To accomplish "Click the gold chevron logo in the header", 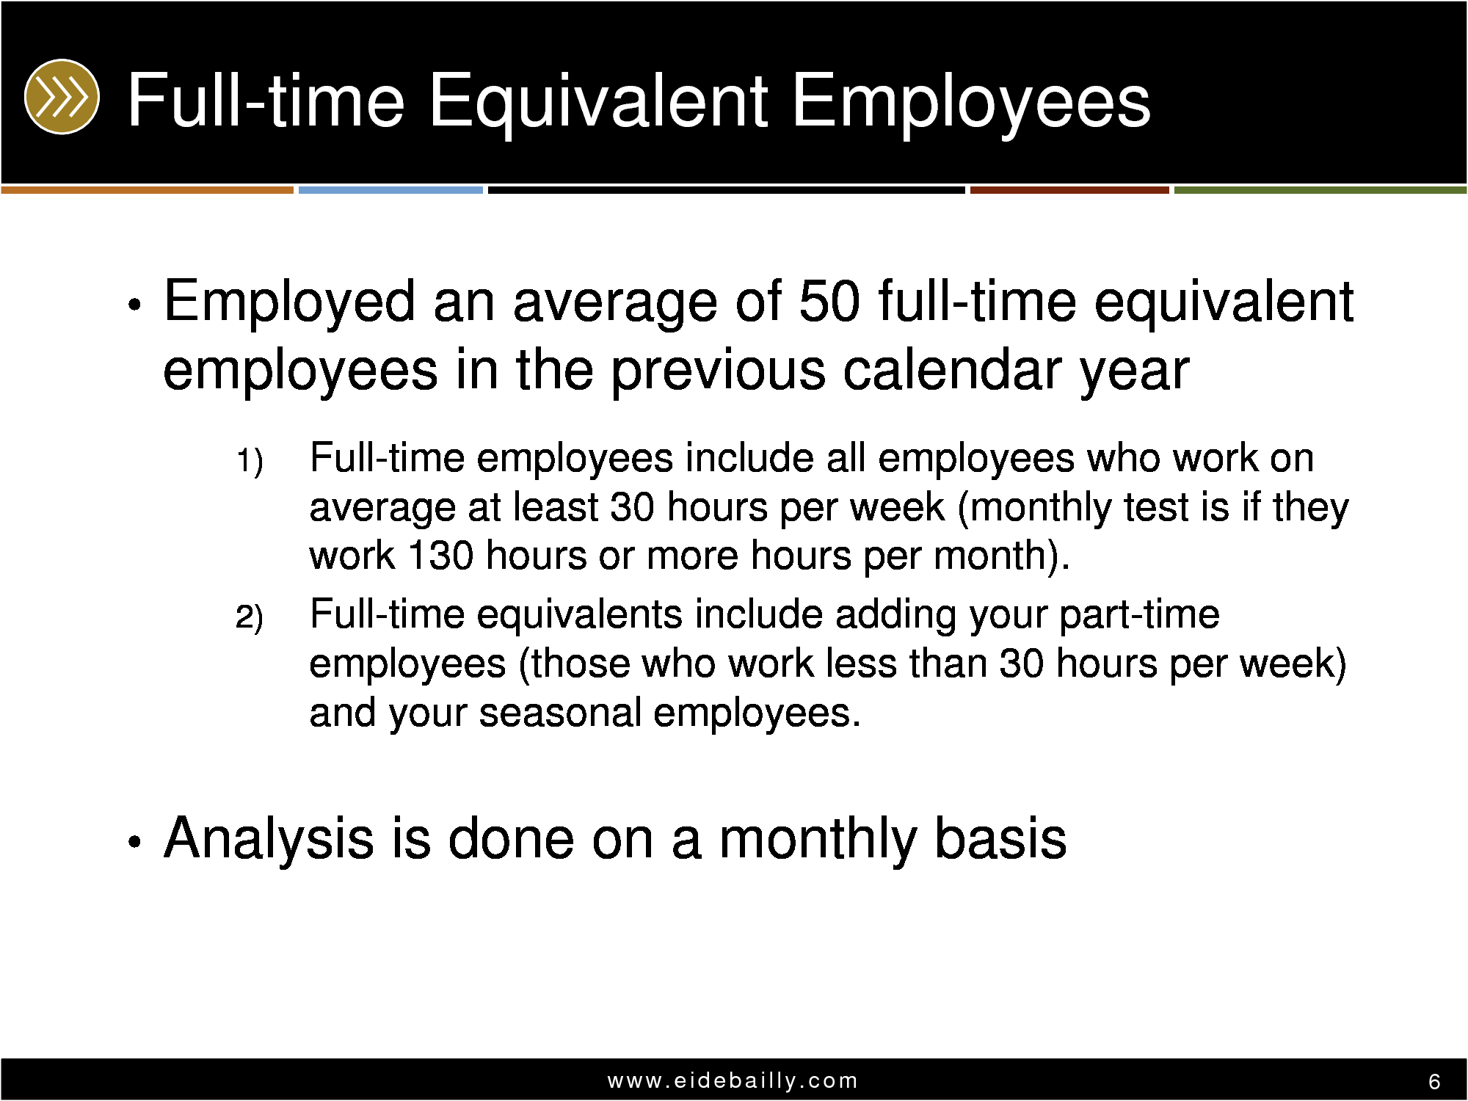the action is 61,96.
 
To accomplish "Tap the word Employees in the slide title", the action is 971,103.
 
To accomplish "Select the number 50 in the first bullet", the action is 829,301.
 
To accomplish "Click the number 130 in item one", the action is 439,555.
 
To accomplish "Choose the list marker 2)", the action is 250,617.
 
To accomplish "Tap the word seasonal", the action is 560,712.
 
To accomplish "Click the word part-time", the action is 1138,614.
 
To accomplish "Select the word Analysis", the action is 268,838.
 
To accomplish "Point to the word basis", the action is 1000,838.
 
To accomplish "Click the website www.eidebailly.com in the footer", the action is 733,1080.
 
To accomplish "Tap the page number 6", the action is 1434,1082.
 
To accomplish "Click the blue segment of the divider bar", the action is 390,190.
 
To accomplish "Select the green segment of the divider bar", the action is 1320,190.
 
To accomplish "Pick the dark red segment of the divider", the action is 1069,190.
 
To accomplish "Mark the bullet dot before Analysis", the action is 133,842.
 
